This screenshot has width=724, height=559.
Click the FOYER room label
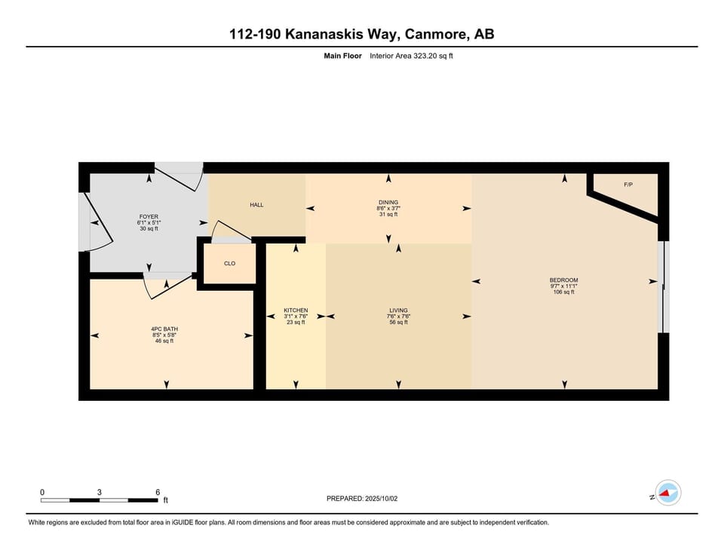click(149, 216)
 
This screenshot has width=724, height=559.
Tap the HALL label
click(256, 205)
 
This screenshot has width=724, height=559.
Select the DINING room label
click(388, 202)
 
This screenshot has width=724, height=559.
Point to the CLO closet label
click(229, 264)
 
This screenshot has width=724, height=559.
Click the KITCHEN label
click(296, 310)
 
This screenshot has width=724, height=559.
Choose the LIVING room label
click(398, 310)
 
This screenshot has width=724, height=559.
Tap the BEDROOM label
click(564, 280)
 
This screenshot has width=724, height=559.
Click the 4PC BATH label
click(164, 329)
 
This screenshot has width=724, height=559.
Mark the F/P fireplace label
click(628, 185)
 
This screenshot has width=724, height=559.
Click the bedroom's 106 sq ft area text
click(564, 292)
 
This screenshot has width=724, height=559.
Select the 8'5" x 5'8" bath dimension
click(164, 335)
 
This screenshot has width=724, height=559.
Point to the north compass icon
click(668, 493)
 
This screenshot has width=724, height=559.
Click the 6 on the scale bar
click(158, 492)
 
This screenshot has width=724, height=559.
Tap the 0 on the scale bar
click(42, 492)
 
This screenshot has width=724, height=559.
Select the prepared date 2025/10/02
click(381, 499)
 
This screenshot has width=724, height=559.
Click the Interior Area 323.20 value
click(411, 56)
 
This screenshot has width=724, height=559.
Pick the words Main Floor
click(342, 56)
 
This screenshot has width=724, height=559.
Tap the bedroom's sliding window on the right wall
click(664, 286)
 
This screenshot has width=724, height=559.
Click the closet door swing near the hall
click(231, 231)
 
